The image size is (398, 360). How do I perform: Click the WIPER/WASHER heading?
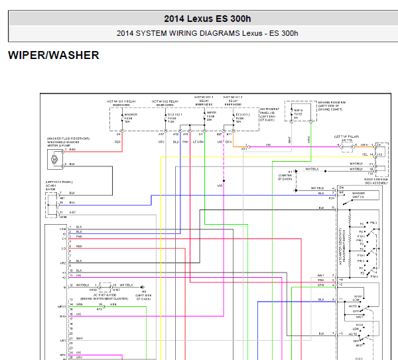tap(53, 55)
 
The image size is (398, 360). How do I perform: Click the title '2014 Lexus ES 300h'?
tap(207, 19)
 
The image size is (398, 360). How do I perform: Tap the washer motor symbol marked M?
tap(54, 158)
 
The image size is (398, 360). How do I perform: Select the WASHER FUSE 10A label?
tap(131, 117)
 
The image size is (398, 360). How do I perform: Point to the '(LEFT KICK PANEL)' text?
tap(59, 181)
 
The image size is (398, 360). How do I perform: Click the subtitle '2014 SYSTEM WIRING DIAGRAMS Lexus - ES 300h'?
tap(207, 32)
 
